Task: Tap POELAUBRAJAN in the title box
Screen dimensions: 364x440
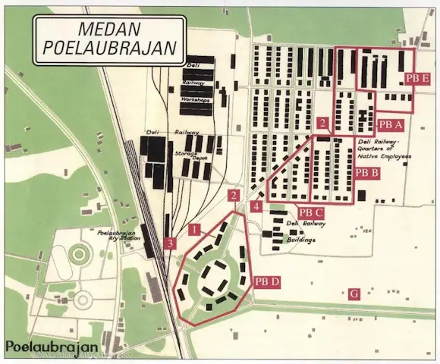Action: coord(107,49)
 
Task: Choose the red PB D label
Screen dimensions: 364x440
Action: coord(266,282)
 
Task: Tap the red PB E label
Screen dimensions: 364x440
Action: coord(417,78)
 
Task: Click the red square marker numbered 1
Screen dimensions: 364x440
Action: coord(194,228)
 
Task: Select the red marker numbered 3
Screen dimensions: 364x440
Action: coord(171,243)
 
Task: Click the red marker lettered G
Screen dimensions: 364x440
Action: coord(353,294)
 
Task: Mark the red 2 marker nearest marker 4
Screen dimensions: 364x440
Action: coord(234,196)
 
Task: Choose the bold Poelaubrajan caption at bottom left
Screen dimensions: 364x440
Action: coord(53,347)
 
